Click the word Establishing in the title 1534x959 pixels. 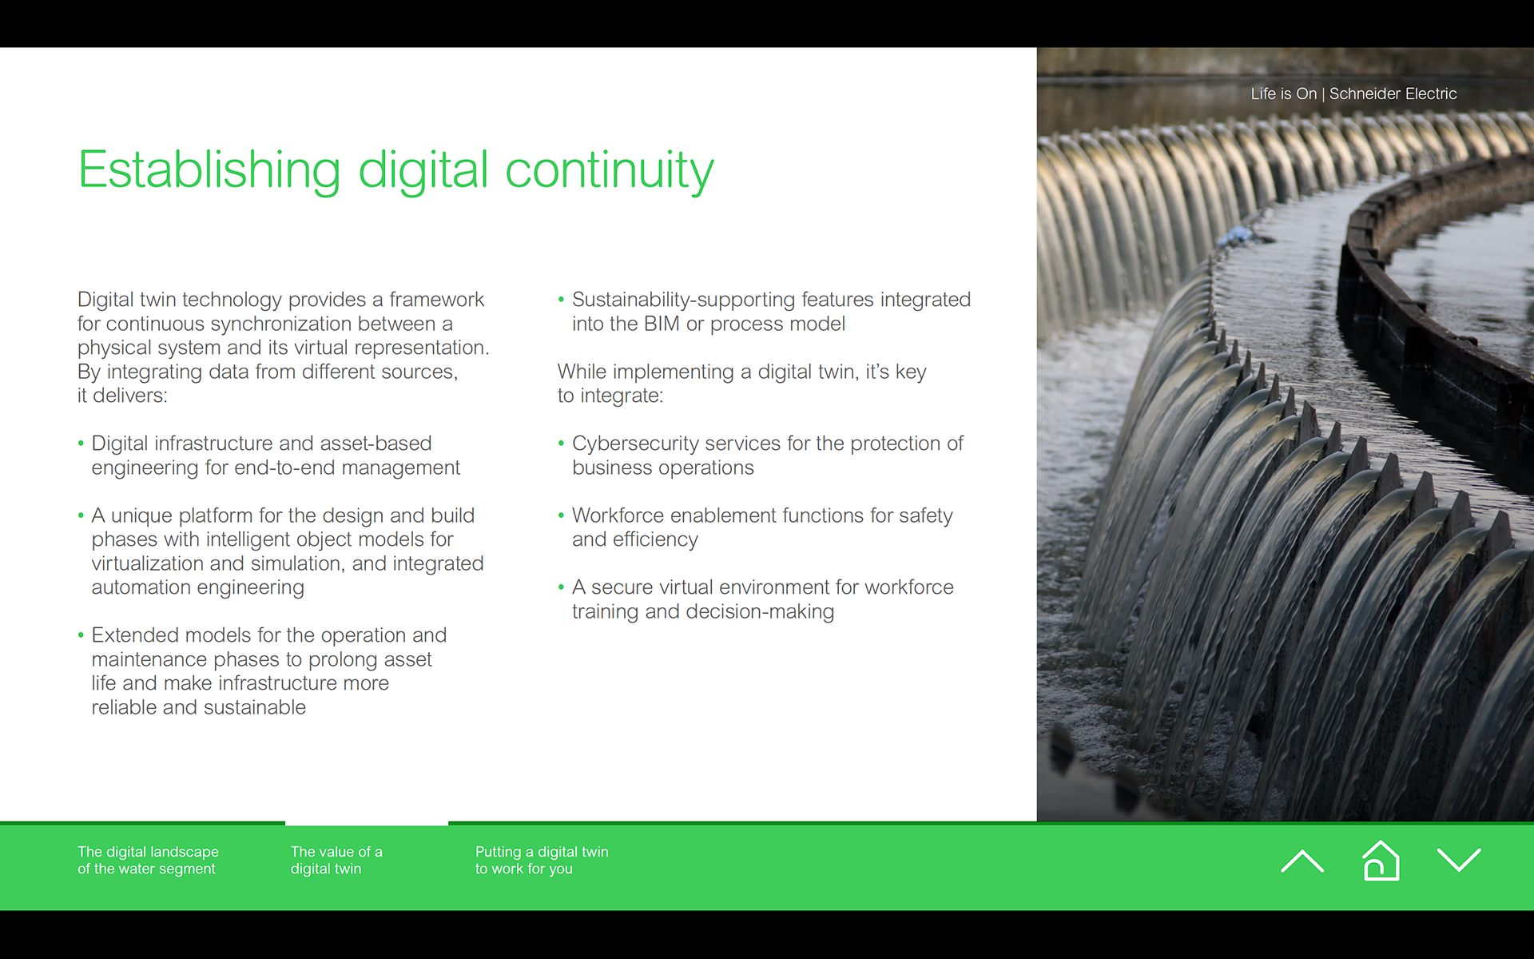click(x=209, y=170)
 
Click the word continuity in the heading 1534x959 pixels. click(x=609, y=170)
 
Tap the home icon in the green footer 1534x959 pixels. click(x=1381, y=861)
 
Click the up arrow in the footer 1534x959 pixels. click(x=1302, y=861)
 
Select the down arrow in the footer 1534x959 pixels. click(x=1459, y=861)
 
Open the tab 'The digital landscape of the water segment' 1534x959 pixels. click(x=148, y=860)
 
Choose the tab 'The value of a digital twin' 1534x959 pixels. click(x=336, y=860)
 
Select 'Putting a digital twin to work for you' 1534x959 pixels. click(x=542, y=860)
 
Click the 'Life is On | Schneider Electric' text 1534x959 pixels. click(x=1353, y=94)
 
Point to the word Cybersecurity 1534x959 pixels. click(x=636, y=444)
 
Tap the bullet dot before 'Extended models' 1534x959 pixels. click(x=81, y=636)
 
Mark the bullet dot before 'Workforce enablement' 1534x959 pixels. click(x=561, y=516)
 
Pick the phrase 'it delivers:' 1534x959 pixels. click(x=122, y=396)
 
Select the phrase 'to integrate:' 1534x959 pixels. click(x=610, y=396)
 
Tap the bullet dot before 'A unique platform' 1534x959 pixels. click(x=81, y=516)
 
